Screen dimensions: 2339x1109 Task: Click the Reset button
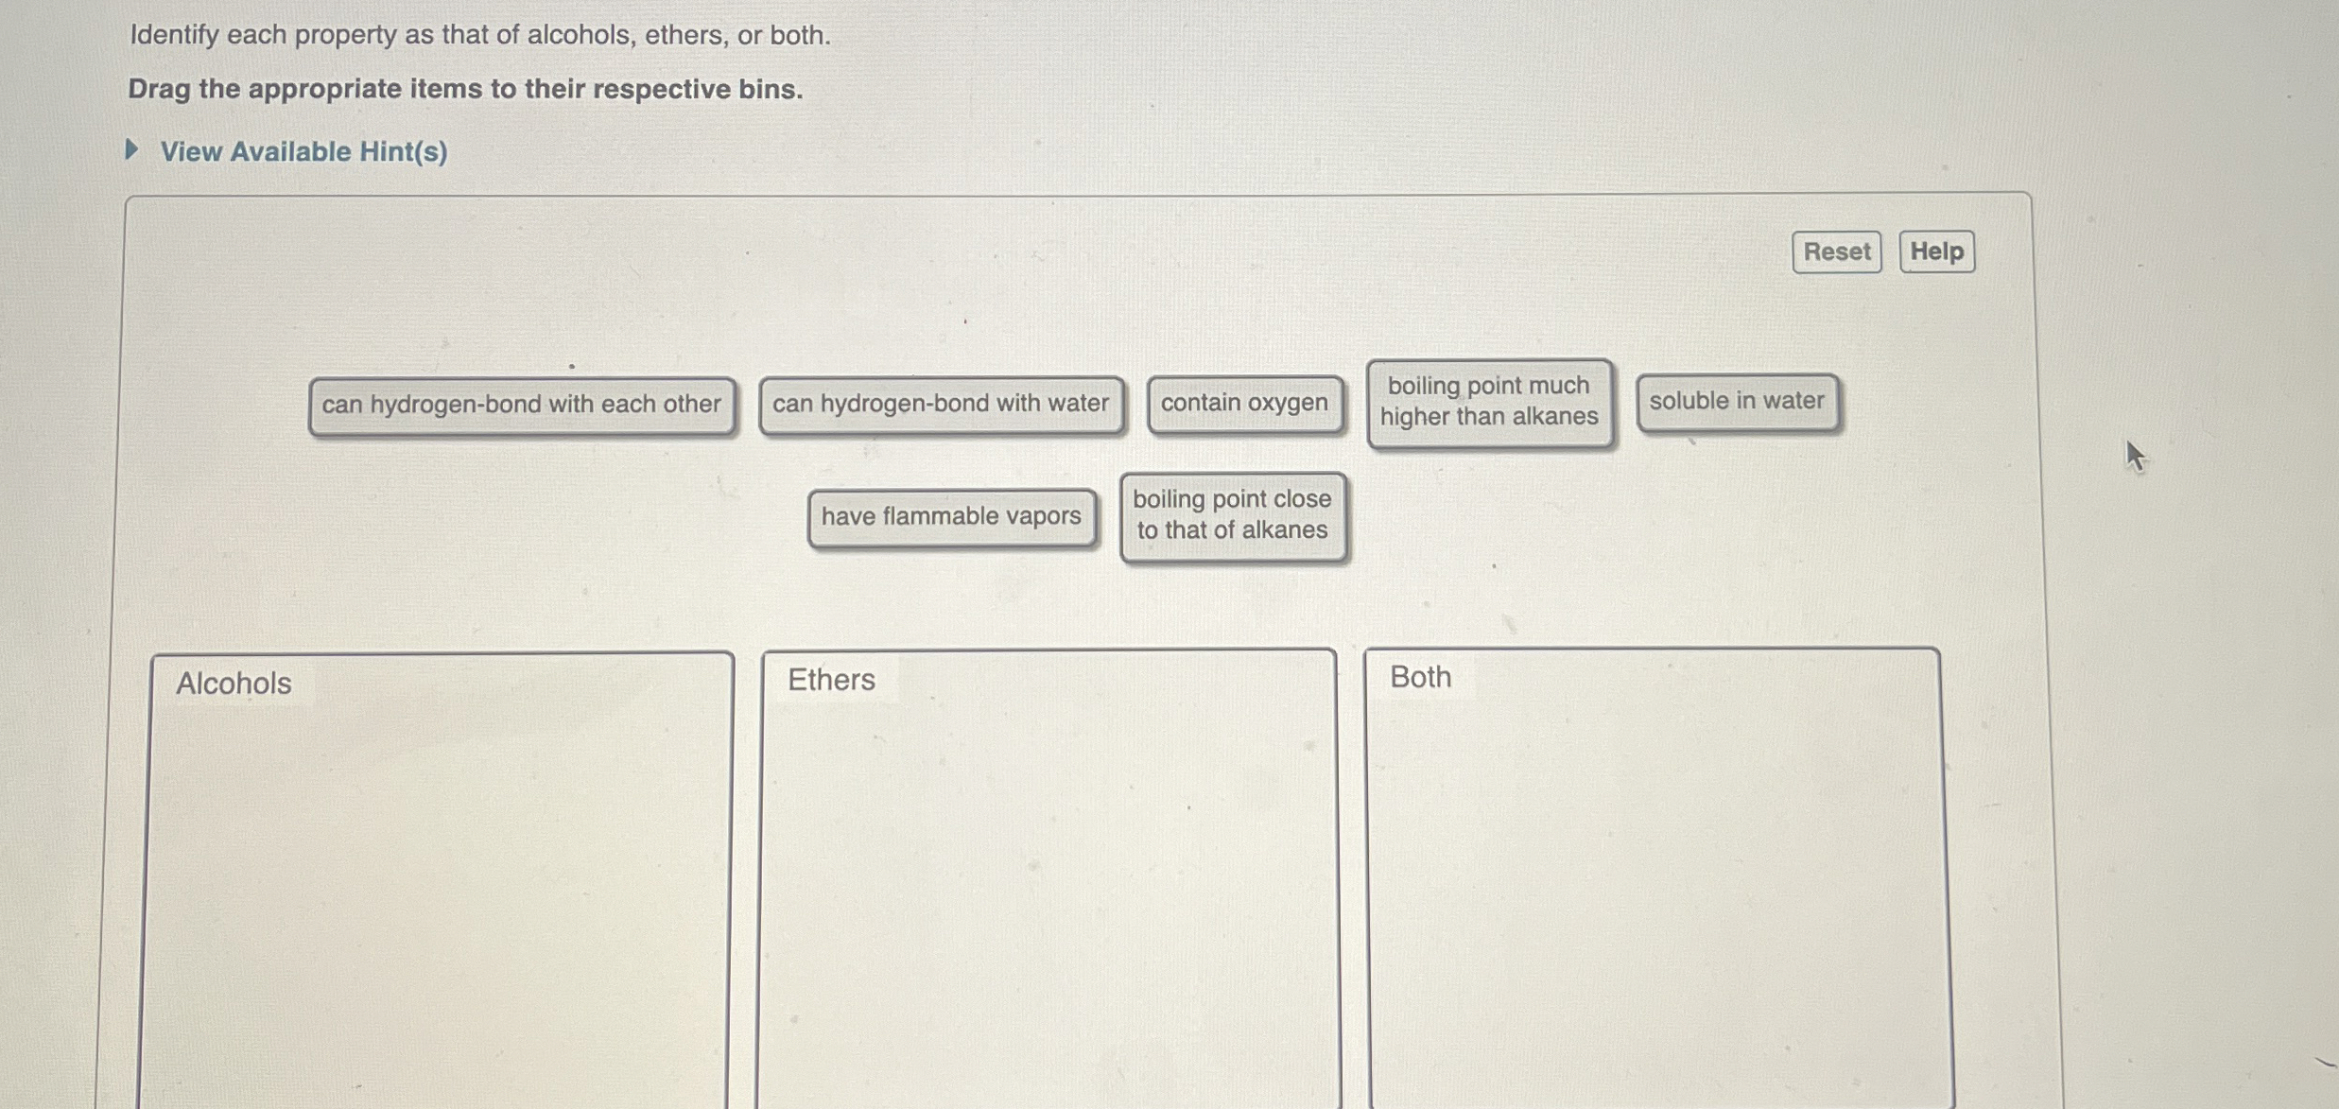[1836, 251]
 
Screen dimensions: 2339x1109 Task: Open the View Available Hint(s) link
[303, 151]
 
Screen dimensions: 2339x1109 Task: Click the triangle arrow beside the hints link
[132, 149]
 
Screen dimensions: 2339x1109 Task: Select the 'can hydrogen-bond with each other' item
[521, 405]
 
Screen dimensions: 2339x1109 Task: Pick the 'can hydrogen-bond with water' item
[941, 404]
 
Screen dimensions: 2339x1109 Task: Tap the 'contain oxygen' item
[1244, 403]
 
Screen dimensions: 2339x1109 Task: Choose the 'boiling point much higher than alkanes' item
[1489, 401]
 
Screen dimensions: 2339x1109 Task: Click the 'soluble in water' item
[1737, 401]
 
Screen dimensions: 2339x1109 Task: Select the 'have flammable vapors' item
[951, 516]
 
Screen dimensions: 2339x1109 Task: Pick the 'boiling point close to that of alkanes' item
[1232, 515]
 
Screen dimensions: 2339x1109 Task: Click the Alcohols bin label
[234, 683]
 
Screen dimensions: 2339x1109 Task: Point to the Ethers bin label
[831, 679]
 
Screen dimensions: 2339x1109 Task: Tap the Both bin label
[1420, 677]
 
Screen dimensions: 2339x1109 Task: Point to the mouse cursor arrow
[2135, 455]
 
